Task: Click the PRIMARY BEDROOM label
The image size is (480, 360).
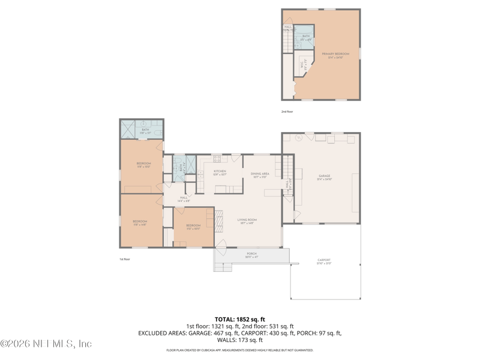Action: (x=335, y=55)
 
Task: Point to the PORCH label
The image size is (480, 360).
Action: (x=252, y=254)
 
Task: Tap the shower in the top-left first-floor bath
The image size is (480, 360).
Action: (x=128, y=129)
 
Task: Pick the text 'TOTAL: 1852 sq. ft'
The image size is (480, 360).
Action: (x=239, y=319)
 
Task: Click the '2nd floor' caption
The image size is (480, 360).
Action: (x=287, y=112)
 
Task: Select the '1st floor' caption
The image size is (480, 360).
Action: (x=124, y=259)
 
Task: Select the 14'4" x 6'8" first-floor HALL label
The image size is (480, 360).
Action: (x=184, y=199)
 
